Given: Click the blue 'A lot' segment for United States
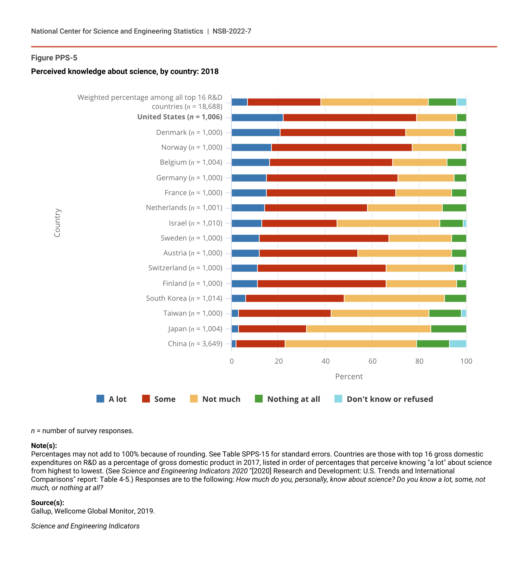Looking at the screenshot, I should coord(257,118).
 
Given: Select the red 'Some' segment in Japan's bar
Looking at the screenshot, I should coord(272,329).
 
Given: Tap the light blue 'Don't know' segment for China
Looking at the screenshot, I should coord(458,344).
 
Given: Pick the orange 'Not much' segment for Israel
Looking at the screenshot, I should coord(388,223).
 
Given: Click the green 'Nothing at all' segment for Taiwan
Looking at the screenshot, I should coord(445,313).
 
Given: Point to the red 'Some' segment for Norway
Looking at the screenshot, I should coord(342,147).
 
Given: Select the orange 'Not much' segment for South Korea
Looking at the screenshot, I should coord(394,298).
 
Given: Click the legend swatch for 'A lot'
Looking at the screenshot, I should coord(100,399).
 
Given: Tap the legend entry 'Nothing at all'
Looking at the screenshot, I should coord(293,399).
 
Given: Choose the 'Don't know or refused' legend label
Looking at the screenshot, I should coord(390,399).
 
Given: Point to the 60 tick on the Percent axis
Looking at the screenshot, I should coord(372,361).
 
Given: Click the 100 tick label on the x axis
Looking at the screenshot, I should coord(466,361).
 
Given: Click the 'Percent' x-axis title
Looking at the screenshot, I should coord(349,377).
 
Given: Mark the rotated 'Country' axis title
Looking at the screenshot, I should coord(57,223).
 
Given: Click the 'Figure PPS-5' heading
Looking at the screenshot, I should coord(54,58).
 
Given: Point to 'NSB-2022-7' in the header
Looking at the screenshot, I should coord(232,31).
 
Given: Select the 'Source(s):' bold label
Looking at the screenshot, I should coord(48,503).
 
